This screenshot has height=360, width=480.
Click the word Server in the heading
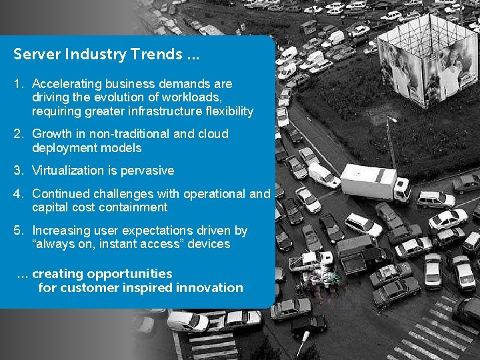(x=33, y=53)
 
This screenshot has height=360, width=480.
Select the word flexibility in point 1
(x=225, y=111)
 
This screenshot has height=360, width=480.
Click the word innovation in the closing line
(x=209, y=288)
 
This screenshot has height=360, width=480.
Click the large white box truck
(x=375, y=182)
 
